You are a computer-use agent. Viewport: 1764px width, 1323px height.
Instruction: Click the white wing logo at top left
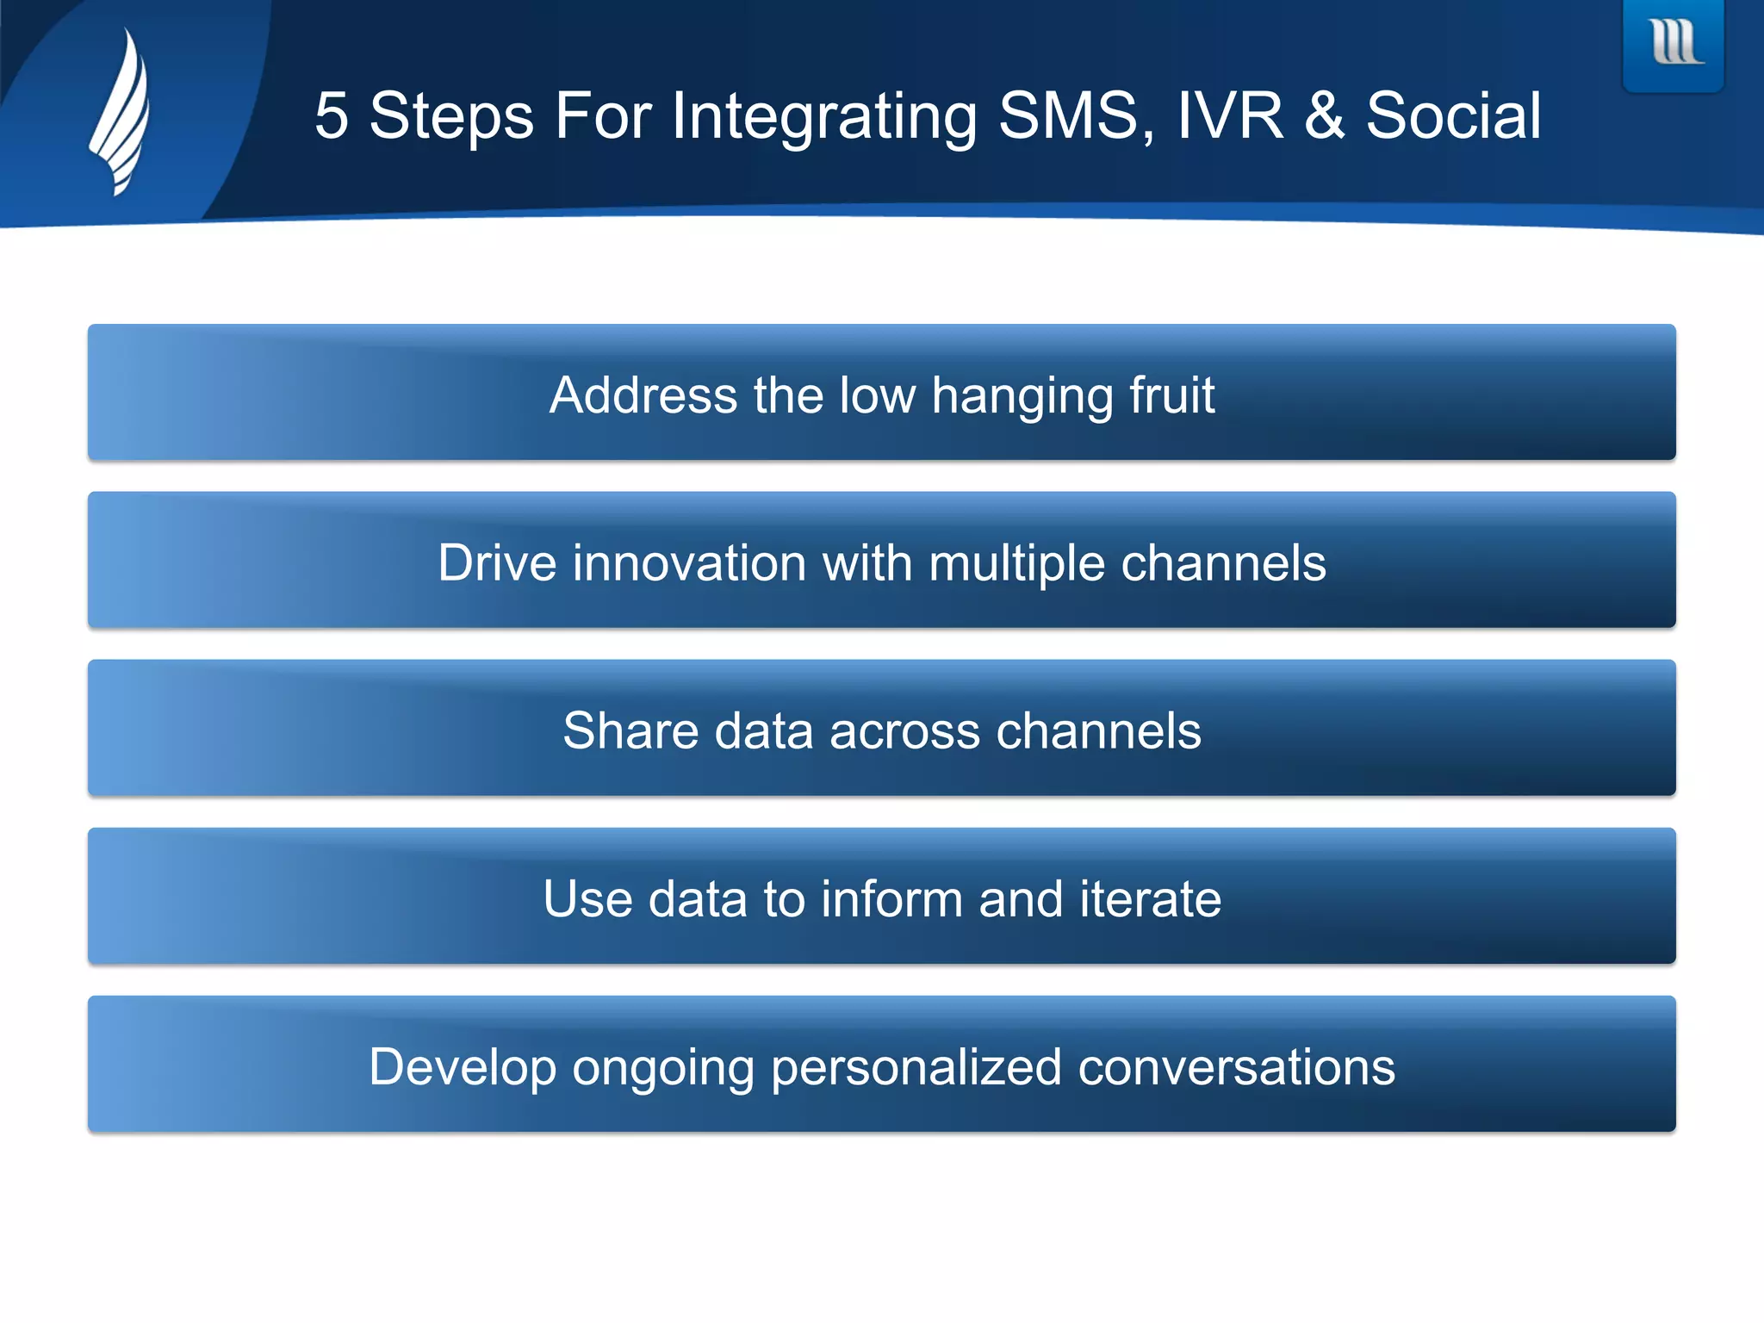[x=121, y=112]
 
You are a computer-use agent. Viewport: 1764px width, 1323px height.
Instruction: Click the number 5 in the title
[x=332, y=116]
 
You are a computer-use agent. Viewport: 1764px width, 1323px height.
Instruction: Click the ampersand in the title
[x=1324, y=116]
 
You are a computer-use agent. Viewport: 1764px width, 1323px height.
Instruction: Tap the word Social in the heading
[x=1453, y=116]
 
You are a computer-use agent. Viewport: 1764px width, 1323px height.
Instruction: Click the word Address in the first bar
[x=643, y=395]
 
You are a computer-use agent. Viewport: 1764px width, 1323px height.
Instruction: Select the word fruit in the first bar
[x=1171, y=395]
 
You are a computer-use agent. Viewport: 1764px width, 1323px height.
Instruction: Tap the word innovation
[x=689, y=563]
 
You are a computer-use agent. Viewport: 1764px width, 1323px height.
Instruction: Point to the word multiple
[x=1016, y=565]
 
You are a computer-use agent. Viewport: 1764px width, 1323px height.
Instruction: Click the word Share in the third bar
[x=630, y=731]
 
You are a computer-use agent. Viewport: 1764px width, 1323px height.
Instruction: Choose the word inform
[x=891, y=899]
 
